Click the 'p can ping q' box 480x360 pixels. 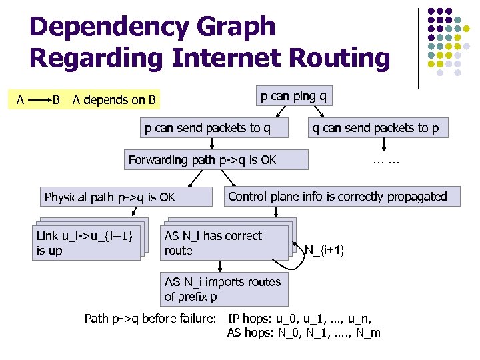tap(293, 96)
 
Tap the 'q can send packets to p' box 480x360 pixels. tap(376, 128)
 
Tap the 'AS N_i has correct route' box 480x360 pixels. tap(225, 243)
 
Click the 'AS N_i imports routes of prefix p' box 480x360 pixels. tap(223, 289)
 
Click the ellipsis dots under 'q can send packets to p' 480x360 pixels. tap(386, 161)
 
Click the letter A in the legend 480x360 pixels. tap(21, 100)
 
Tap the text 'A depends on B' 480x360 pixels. tap(114, 101)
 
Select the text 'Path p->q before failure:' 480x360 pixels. tap(151, 318)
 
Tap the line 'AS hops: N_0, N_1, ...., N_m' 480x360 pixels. tap(304, 333)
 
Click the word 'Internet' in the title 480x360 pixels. tap(229, 59)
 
